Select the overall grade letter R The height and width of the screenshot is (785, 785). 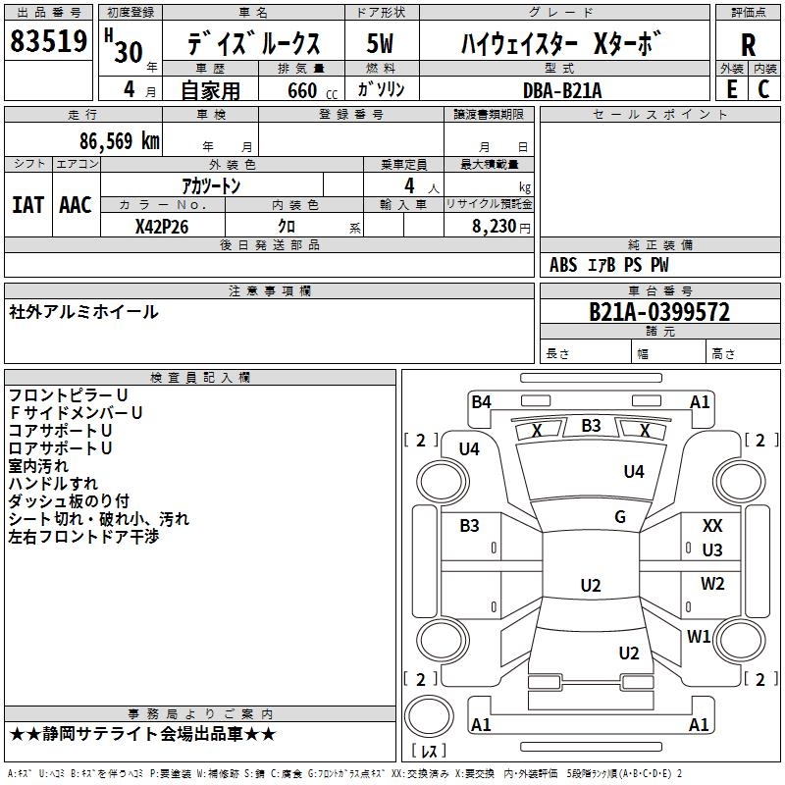[748, 45]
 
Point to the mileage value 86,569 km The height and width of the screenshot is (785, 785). [107, 140]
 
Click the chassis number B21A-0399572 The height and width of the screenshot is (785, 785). [658, 312]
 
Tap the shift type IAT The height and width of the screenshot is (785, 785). [27, 205]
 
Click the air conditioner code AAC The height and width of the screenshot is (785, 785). [76, 205]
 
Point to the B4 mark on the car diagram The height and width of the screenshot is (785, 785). [481, 401]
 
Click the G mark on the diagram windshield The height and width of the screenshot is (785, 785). [620, 517]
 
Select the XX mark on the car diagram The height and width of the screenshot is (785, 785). [712, 527]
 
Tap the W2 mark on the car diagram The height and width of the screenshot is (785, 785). [712, 584]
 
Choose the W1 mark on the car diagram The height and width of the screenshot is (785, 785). [699, 637]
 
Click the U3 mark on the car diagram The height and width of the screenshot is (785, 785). [712, 550]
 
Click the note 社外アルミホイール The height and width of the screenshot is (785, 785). [83, 312]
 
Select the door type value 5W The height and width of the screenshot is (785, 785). [381, 45]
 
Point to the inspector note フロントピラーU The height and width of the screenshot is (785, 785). [68, 395]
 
